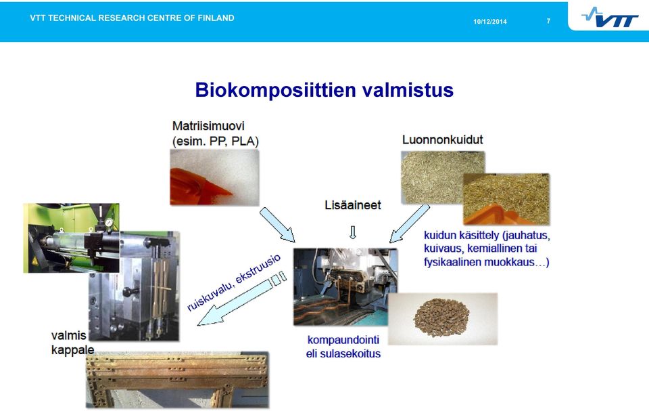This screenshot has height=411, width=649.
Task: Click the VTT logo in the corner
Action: [x=610, y=18]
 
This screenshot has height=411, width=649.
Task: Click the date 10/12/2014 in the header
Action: [x=490, y=22]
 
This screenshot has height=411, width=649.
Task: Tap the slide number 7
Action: [x=548, y=21]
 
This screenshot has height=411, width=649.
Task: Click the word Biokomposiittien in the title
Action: [x=276, y=90]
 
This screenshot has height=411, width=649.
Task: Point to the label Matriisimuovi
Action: [x=208, y=126]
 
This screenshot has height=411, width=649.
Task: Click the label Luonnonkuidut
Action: [x=442, y=139]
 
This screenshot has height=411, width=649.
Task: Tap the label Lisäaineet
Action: [x=353, y=205]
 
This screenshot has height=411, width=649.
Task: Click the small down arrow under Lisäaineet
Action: [x=353, y=232]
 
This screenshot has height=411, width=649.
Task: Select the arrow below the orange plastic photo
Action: [x=277, y=224]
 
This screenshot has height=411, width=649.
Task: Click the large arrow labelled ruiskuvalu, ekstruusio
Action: [x=242, y=298]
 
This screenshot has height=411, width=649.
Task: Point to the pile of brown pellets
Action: [x=441, y=318]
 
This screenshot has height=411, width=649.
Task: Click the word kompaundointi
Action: [x=343, y=340]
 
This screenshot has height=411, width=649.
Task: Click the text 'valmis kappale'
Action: [x=72, y=342]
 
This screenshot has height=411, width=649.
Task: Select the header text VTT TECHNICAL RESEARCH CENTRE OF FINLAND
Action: [x=132, y=18]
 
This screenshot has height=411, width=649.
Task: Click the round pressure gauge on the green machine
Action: [x=109, y=223]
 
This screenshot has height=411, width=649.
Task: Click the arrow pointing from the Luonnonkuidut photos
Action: [x=410, y=223]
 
